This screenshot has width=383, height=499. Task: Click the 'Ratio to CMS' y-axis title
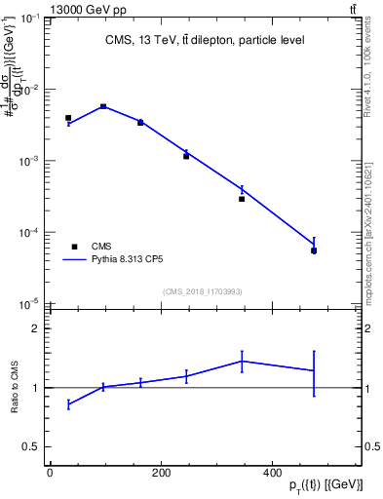click(15, 387)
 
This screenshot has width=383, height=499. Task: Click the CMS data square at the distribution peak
click(103, 106)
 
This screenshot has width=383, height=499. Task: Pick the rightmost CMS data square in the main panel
click(314, 250)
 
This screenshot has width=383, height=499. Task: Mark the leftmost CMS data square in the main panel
click(68, 118)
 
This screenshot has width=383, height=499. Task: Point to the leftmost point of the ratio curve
click(68, 403)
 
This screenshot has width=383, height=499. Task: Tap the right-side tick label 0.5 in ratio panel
click(371, 446)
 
